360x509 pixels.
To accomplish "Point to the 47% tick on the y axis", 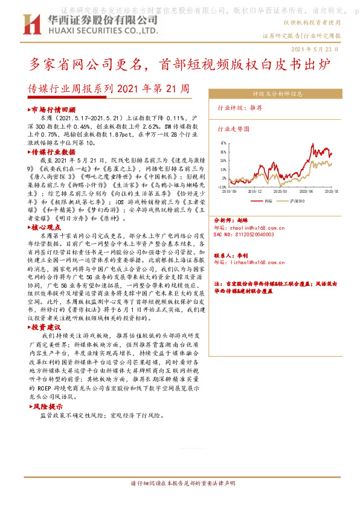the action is (x=223, y=143).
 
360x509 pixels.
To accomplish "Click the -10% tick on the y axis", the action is (x=223, y=187).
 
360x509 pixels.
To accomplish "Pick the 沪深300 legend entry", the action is (x=297, y=199).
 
